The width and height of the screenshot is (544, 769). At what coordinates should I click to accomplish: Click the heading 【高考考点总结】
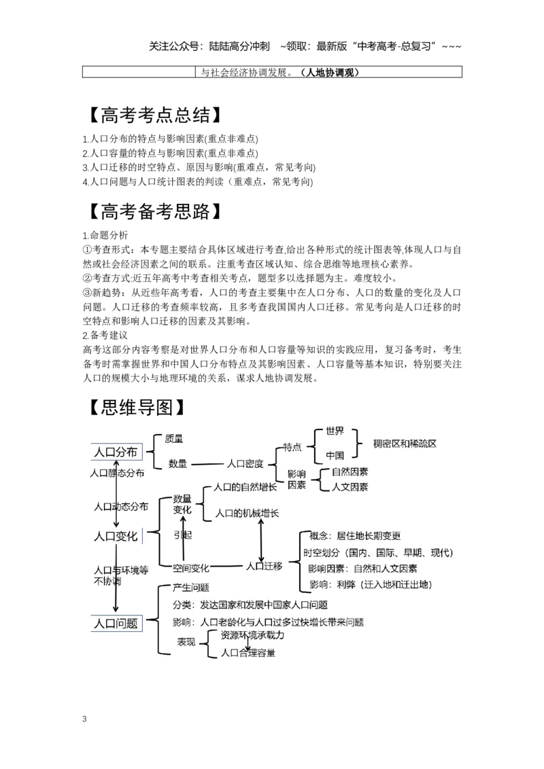coord(154,115)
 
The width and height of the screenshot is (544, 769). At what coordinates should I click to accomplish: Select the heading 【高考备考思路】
coord(154,211)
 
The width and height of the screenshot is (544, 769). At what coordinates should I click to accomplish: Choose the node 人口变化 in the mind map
coord(116,536)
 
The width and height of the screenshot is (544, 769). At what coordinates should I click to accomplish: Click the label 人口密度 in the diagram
coord(245,463)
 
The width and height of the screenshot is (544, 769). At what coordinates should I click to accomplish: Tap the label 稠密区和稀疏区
coord(405,444)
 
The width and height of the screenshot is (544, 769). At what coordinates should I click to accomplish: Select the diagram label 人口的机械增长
coord(247,513)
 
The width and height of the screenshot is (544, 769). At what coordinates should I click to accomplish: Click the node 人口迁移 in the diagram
coord(264,566)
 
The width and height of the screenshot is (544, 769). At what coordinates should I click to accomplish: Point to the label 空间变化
coord(191,568)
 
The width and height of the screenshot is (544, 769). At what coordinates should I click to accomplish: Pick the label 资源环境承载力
coord(252,634)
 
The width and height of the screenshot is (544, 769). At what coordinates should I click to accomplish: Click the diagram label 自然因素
coord(350,471)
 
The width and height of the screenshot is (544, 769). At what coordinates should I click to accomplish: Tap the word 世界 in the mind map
coord(335,431)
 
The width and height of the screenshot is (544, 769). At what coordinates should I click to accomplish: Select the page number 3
coord(84,719)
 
